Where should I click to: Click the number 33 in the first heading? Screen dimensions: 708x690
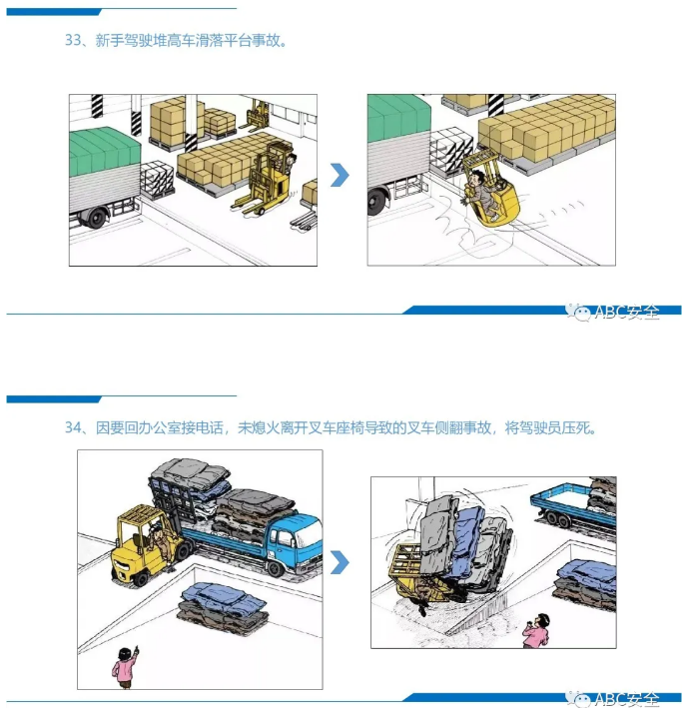point(72,42)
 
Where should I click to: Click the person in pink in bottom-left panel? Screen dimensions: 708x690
point(125,666)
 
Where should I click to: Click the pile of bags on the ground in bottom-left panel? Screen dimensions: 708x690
point(224,605)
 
